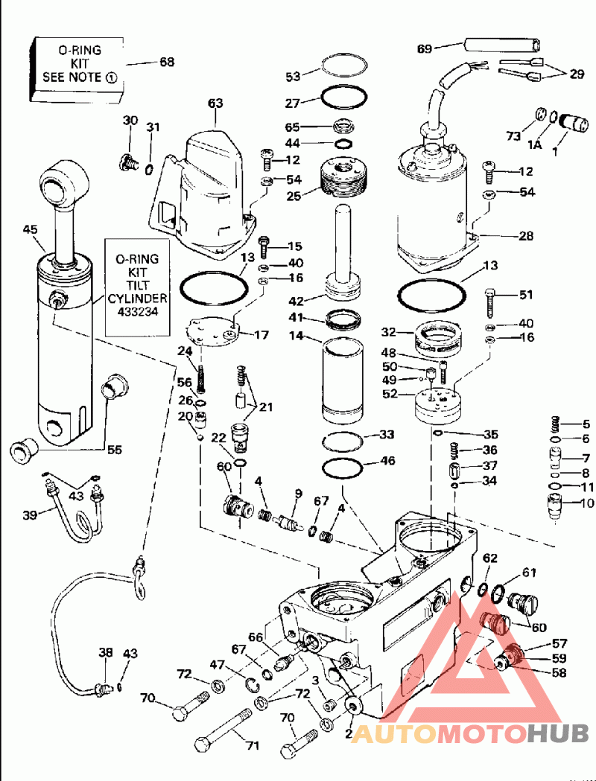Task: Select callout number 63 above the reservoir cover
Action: (215, 103)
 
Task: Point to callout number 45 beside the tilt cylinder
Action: (30, 229)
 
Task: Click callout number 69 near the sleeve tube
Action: (424, 49)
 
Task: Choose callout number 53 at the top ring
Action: (293, 76)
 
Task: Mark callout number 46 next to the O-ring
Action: (387, 462)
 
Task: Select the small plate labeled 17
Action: (212, 331)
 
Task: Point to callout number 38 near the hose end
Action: (106, 652)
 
